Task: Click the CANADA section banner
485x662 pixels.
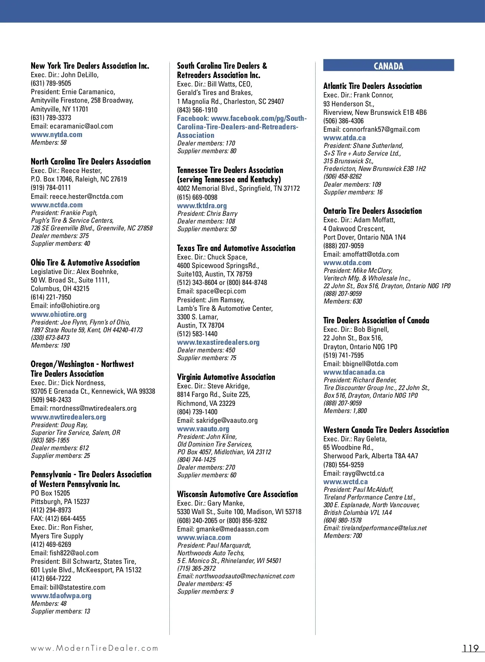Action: tap(388, 66)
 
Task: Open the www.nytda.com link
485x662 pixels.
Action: tap(57, 135)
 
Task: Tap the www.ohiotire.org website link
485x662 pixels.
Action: tap(59, 314)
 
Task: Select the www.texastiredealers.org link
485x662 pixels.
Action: tap(218, 342)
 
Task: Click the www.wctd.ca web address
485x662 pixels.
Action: tap(346, 482)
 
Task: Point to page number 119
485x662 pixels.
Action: tap(470, 648)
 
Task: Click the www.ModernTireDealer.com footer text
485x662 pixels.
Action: tap(95, 648)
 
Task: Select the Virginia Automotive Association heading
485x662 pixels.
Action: tap(226, 377)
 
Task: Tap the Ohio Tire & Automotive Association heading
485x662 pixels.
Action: tap(85, 263)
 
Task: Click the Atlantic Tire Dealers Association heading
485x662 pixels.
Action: tap(372, 86)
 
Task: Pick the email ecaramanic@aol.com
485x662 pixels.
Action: tap(81, 126)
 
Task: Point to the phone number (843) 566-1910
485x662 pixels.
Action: tap(197, 110)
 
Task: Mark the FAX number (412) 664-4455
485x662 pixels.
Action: tap(58, 519)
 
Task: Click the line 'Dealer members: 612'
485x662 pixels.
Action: tap(60, 448)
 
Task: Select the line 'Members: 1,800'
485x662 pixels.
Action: tap(345, 411)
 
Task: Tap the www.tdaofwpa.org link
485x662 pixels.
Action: tap(61, 596)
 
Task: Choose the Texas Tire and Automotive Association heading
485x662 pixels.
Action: tap(236, 248)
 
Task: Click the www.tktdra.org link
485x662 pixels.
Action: tap(202, 206)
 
